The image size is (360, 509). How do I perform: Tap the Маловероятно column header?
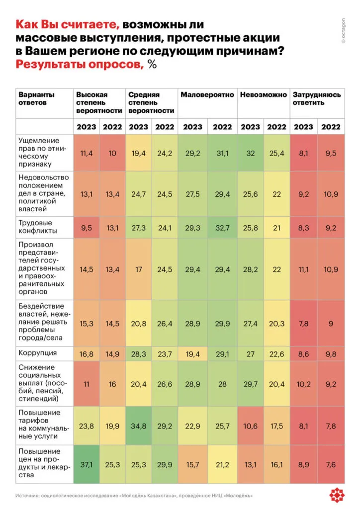coord(207,95)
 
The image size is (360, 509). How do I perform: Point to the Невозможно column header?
coord(263,95)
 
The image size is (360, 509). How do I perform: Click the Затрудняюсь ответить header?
coord(317,98)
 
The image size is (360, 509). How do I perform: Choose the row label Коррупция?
coord(37,353)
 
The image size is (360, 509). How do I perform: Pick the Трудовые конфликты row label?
coord(38,227)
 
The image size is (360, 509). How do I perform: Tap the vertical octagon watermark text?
coord(343,30)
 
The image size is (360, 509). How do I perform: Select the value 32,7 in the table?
coord(222,227)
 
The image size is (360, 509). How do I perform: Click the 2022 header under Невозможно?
coord(276,127)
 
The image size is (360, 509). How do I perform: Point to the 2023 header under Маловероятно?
coord(192,127)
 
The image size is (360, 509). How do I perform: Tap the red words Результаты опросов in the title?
coord(80,65)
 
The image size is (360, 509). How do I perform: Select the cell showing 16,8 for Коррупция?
coord(86,353)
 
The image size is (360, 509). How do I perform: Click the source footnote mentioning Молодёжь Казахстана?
coord(134,496)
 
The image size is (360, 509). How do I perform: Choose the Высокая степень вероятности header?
coord(98,102)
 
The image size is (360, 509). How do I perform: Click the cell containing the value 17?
coord(138,269)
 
